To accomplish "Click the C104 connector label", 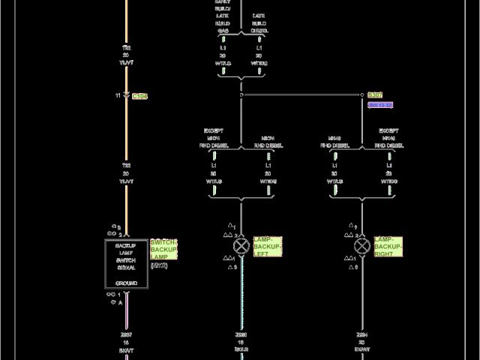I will point(139,96).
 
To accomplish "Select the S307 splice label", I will point(375,95).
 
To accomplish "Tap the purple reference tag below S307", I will point(380,105).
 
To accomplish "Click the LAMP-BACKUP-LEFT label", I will point(267,246).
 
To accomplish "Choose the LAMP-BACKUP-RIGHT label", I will point(388,246).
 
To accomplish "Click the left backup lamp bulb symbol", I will point(241,246).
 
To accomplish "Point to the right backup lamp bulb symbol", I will point(362,246).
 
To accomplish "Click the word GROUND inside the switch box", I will point(126,283).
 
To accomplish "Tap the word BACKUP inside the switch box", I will point(126,245).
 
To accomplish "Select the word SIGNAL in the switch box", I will point(126,268).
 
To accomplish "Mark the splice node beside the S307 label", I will point(362,95).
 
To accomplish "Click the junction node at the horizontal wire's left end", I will point(241,95).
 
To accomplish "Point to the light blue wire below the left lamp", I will point(241,300).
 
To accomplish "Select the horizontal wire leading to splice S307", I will point(300,95).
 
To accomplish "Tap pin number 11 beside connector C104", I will point(117,96).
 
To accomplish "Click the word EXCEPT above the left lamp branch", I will point(214,131).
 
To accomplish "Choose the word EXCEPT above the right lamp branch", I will point(388,131).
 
